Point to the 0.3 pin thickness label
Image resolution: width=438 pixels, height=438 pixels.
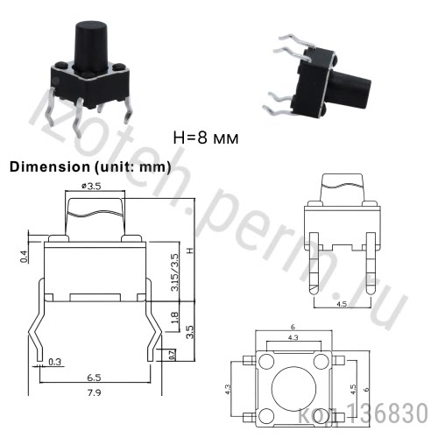pyautogui.click(x=55, y=361)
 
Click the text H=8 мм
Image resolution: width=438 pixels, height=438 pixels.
pyautogui.click(x=206, y=138)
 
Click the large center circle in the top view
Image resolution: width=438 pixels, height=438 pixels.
pyautogui.click(x=293, y=387)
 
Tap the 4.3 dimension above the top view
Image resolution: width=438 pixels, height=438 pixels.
pyautogui.click(x=293, y=336)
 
